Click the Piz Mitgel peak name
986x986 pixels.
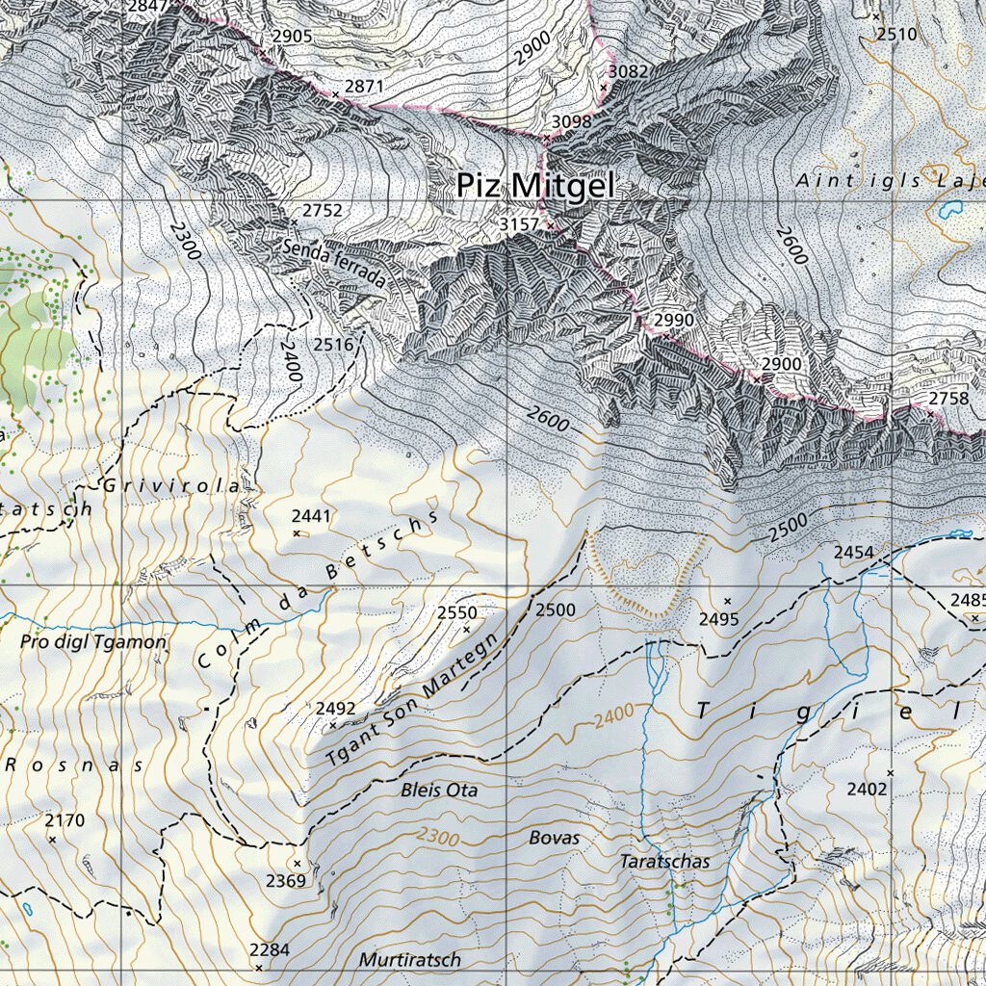pyautogui.click(x=534, y=185)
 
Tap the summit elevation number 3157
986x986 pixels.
pyautogui.click(x=519, y=223)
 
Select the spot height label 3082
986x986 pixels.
pyautogui.click(x=629, y=71)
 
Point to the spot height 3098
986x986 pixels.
pyautogui.click(x=571, y=121)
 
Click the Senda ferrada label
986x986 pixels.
pyautogui.click(x=335, y=264)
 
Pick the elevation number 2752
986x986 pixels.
pyautogui.click(x=322, y=210)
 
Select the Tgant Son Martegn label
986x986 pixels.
pyautogui.click(x=415, y=697)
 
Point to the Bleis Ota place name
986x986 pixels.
pyautogui.click(x=439, y=791)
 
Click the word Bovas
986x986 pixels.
pyautogui.click(x=555, y=838)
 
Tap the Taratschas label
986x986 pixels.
pyautogui.click(x=664, y=862)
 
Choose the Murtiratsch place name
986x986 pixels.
pyautogui.click(x=410, y=960)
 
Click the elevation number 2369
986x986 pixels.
pyautogui.click(x=286, y=881)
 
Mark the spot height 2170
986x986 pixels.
pyautogui.click(x=65, y=820)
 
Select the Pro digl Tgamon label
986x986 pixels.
pyautogui.click(x=93, y=641)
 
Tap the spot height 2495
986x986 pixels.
pyautogui.click(x=719, y=619)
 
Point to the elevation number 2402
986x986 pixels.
pyautogui.click(x=867, y=790)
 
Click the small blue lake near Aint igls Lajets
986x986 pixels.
pyautogui.click(x=953, y=207)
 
